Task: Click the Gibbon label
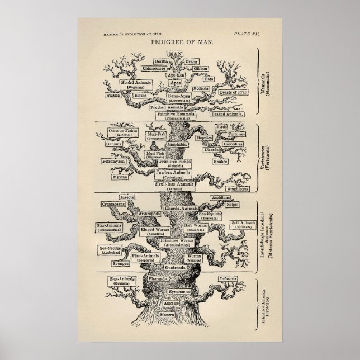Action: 201,68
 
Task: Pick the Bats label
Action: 209,79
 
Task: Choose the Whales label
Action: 113,95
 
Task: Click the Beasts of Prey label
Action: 230,92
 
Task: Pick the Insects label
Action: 127,197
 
